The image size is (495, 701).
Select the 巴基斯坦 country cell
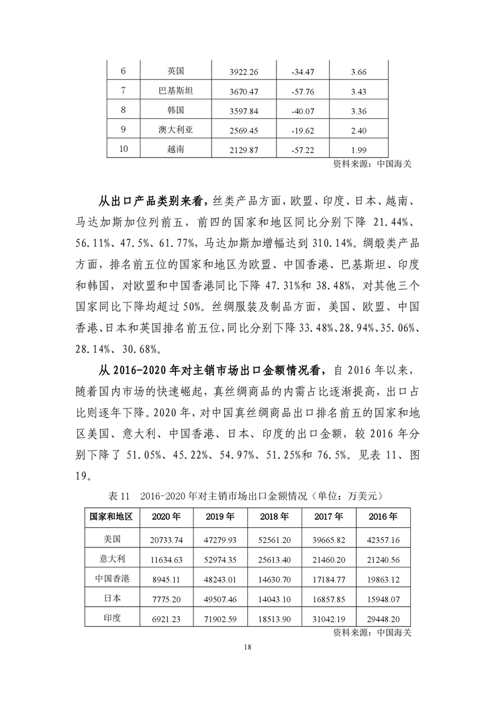[x=175, y=92]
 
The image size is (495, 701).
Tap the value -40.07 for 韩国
[x=302, y=112]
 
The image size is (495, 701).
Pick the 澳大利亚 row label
[x=175, y=131]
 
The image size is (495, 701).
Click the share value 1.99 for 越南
[x=359, y=150]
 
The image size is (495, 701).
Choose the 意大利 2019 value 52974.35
[x=220, y=559]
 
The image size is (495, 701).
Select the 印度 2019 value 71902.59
[x=220, y=619]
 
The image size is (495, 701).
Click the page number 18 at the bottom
[x=248, y=647]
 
